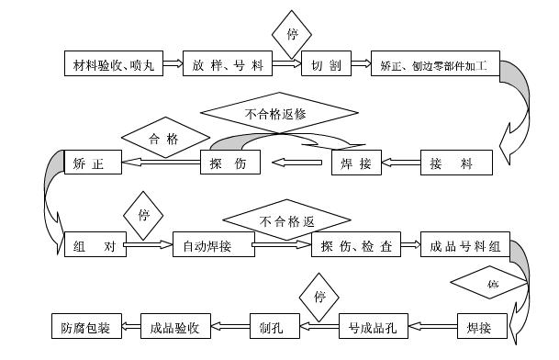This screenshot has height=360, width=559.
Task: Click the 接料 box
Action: coord(456,163)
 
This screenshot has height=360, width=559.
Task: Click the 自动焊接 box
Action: coord(213,245)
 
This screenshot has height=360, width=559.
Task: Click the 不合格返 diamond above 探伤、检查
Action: coord(287,220)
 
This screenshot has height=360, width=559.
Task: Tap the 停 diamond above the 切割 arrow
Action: coord(292,35)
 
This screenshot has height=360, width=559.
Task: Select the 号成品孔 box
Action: coord(373,325)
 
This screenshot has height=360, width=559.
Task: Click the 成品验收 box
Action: coord(176,325)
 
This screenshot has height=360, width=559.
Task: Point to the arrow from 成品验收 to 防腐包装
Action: coord(132,325)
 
